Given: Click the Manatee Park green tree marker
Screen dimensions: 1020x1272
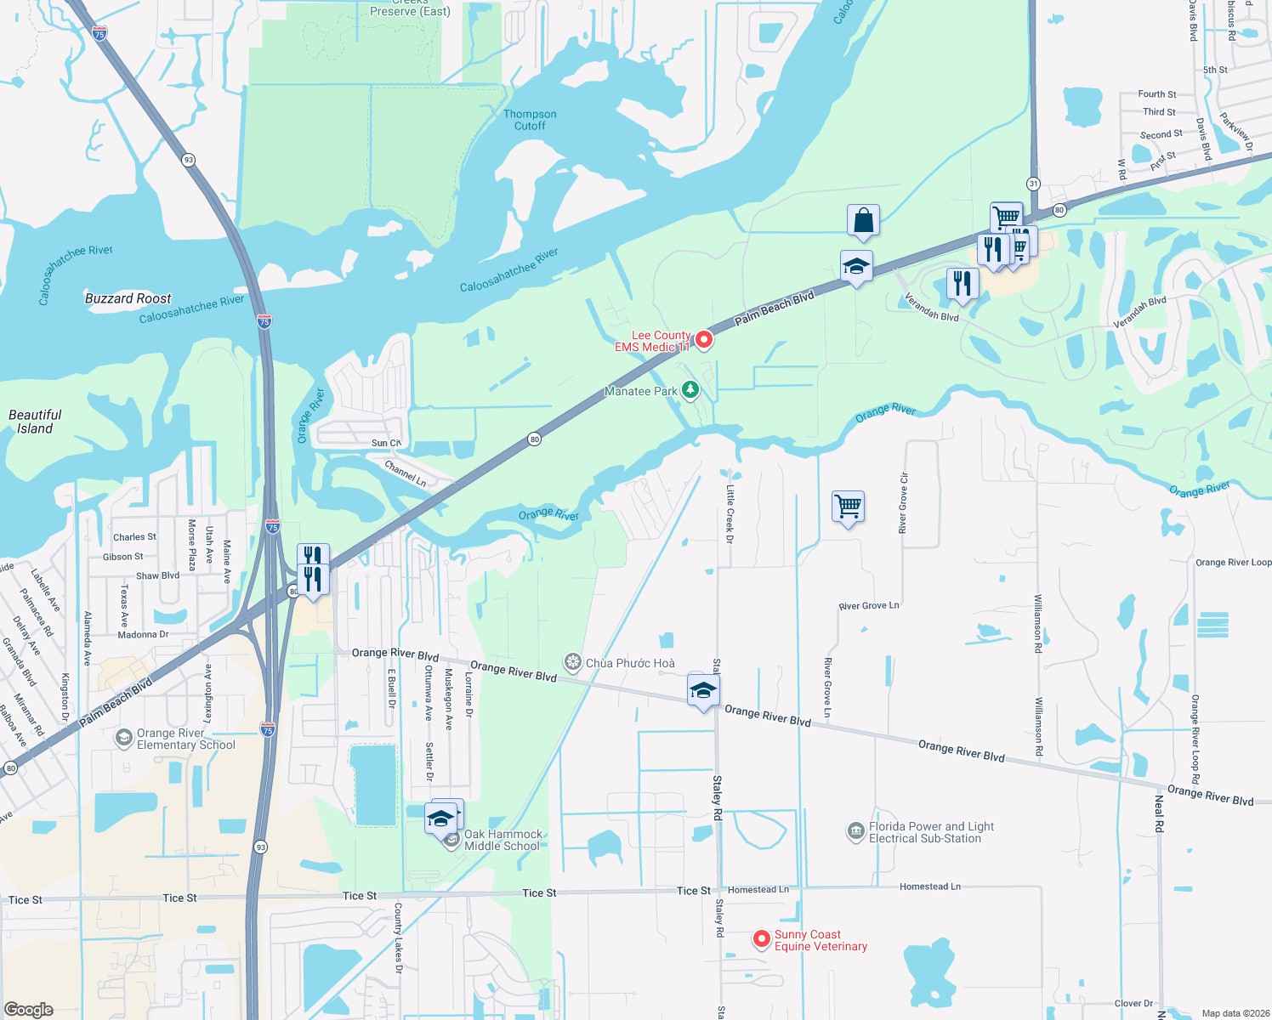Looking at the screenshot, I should [x=690, y=390].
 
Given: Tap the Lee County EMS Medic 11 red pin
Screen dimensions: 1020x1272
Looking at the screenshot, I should [x=704, y=340].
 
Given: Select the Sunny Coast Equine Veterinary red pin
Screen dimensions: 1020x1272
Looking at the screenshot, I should [x=762, y=939].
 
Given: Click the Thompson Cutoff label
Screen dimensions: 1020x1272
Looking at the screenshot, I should [x=530, y=120].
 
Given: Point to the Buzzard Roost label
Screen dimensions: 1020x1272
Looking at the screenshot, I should [x=128, y=298].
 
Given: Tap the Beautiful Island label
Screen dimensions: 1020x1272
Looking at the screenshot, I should [x=35, y=422].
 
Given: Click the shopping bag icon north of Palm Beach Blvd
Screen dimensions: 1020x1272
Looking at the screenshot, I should [x=863, y=221].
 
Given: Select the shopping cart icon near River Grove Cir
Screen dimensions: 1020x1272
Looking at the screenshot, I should [x=849, y=507].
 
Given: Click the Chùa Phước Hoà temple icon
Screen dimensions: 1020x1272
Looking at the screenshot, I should [x=573, y=662].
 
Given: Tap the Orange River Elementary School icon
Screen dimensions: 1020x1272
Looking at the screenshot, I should [x=124, y=737].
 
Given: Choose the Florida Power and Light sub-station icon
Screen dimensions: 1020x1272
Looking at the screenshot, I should [x=856, y=831].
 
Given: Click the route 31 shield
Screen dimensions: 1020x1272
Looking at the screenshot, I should [x=1033, y=184].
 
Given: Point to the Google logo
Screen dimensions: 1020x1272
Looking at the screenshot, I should [x=29, y=1009].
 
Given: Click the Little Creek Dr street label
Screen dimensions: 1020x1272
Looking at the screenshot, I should [x=730, y=513].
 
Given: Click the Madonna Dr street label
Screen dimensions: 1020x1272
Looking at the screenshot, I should [x=143, y=635].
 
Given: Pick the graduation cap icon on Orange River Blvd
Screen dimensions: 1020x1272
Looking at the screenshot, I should [x=703, y=691].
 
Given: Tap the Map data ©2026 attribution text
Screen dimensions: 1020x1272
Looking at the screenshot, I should [x=1232, y=1013].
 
